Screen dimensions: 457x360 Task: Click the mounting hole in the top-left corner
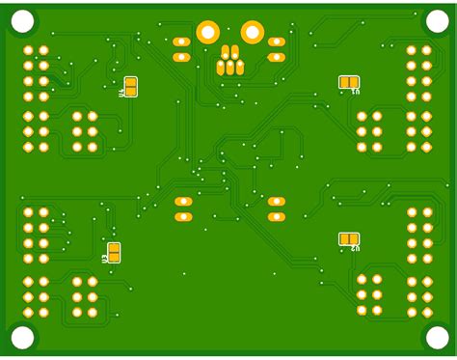(21, 20)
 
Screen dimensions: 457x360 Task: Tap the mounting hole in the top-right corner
(436, 20)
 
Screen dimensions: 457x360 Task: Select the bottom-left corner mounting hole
(21, 337)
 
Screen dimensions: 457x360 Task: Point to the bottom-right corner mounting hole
(436, 337)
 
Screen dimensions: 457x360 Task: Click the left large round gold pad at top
(207, 32)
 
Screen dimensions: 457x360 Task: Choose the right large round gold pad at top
(252, 32)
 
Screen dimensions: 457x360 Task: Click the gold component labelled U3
(114, 253)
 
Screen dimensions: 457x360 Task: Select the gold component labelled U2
(349, 238)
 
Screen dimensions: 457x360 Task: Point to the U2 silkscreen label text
(355, 249)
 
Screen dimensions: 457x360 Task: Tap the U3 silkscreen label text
(104, 259)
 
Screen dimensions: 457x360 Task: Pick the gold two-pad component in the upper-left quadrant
(130, 87)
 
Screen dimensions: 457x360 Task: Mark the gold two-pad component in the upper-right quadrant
(349, 82)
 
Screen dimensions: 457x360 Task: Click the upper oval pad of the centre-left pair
(183, 202)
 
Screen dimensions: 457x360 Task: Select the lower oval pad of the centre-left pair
(183, 217)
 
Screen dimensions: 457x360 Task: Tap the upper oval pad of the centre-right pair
(277, 202)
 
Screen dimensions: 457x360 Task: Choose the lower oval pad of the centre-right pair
(277, 217)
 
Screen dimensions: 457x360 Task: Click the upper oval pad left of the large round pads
(181, 42)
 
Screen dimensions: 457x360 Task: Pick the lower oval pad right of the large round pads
(277, 57)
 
